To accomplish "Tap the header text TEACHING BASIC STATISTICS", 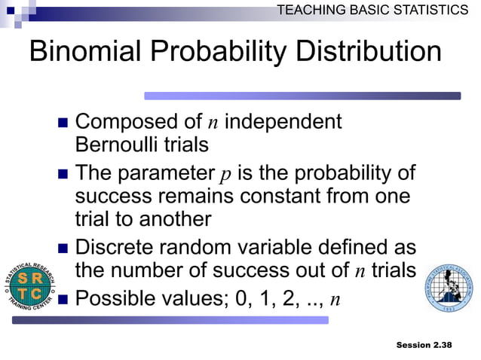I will tap(372, 9).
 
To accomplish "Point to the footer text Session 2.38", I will tap(424, 344).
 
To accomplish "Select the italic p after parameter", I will tap(225, 175).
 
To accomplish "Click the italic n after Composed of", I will tap(213, 122).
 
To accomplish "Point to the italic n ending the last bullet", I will tap(335, 300).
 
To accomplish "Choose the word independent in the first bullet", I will tap(283, 121).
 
